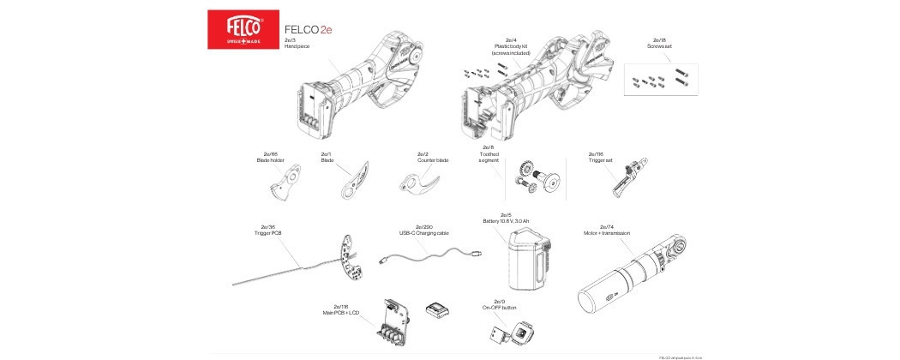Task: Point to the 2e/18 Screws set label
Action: click(661, 43)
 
